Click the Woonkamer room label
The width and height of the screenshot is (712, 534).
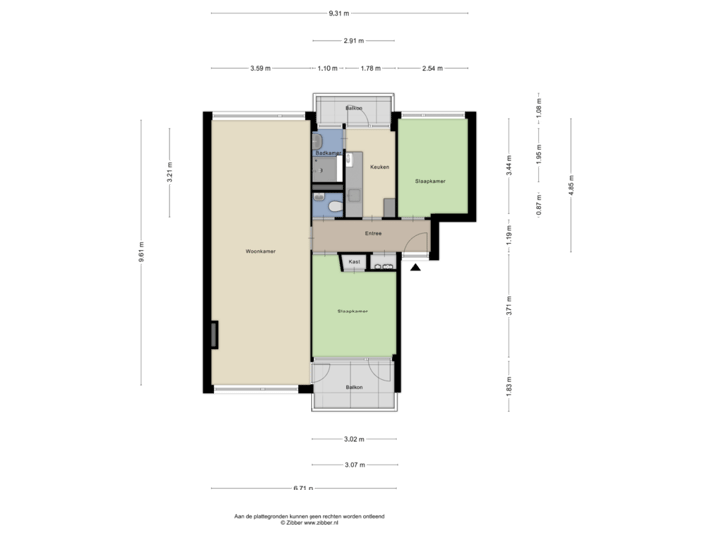260,252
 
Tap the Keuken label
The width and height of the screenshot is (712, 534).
378,167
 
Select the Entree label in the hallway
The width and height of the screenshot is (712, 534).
373,234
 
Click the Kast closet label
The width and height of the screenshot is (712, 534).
352,262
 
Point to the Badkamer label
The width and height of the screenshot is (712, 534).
328,154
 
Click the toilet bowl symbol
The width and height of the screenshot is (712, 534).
335,205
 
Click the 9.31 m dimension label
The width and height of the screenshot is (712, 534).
339,14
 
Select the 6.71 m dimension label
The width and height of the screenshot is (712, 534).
303,488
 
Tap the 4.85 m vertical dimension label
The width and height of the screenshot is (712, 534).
571,185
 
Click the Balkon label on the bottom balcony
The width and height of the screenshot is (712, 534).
354,387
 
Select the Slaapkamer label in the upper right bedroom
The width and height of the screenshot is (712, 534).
430,181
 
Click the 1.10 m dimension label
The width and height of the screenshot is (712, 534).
327,68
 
